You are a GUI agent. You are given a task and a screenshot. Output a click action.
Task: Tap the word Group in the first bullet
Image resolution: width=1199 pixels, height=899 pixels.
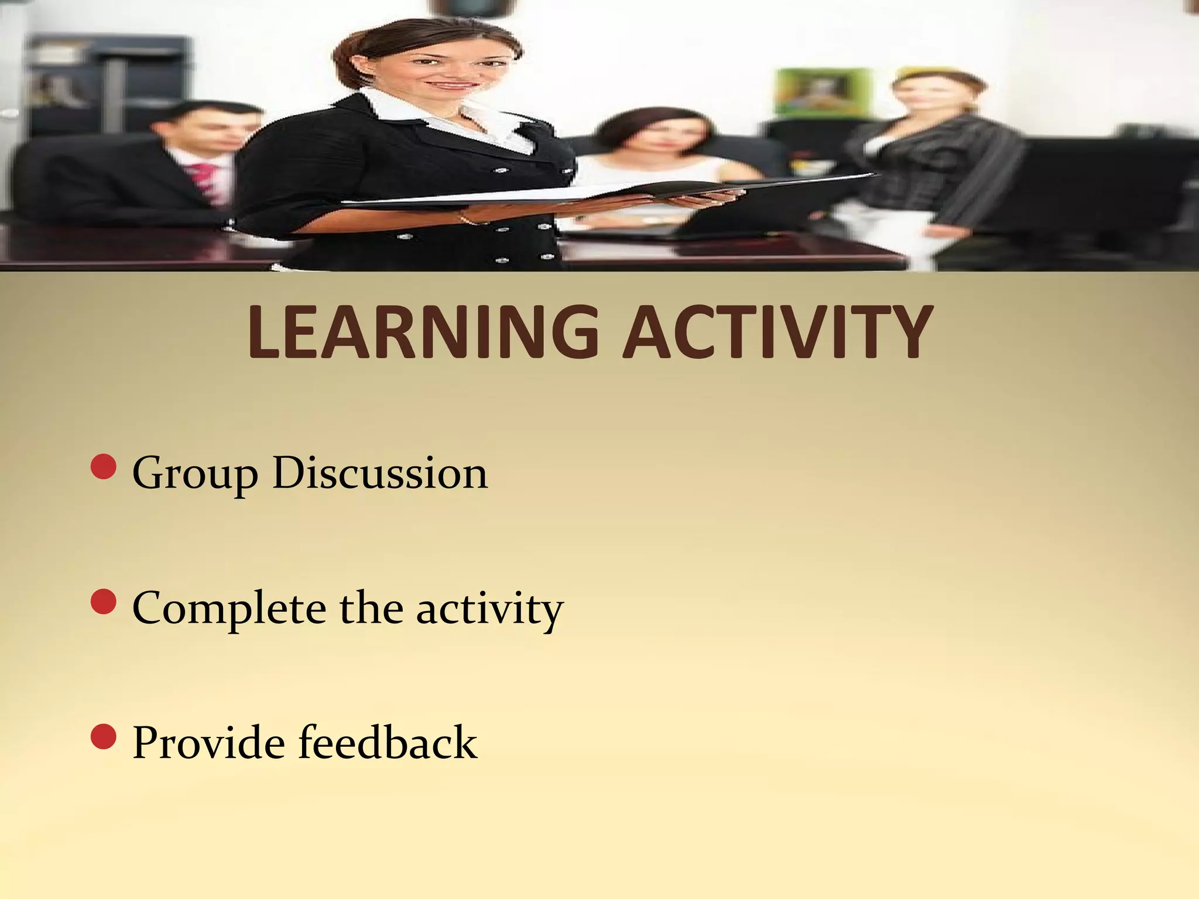click(195, 474)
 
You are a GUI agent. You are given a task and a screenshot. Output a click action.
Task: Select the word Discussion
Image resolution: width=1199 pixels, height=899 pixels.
click(380, 473)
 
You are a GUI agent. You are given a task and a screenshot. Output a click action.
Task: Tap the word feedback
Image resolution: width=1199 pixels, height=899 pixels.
click(388, 742)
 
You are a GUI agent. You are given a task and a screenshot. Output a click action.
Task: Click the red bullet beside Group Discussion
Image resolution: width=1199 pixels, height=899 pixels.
click(104, 466)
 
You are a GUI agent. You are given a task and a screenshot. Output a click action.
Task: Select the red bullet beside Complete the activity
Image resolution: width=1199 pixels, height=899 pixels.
click(104, 602)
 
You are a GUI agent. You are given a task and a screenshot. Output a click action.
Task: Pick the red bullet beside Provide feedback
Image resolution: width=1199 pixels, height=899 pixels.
click(104, 736)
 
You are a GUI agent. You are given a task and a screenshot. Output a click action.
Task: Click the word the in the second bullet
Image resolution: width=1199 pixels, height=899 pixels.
click(371, 609)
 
